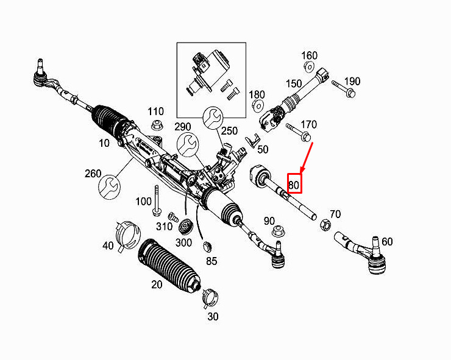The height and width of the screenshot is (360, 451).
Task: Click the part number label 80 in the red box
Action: click(x=294, y=184)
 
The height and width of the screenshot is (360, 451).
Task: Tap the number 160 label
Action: click(x=310, y=55)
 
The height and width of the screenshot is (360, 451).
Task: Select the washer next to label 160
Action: click(x=308, y=66)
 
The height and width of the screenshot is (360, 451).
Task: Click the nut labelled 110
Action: click(x=155, y=126)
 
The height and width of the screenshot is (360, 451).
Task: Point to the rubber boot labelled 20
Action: click(x=167, y=267)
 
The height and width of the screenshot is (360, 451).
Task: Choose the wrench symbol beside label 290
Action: click(x=187, y=144)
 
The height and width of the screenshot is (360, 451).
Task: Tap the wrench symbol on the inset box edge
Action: click(x=213, y=116)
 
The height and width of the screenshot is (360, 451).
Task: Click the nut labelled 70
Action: click(x=325, y=225)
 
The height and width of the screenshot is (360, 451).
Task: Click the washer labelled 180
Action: click(x=257, y=107)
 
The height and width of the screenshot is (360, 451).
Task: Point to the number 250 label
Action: click(x=229, y=131)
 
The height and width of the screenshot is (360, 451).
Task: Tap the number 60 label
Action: click(x=387, y=242)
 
